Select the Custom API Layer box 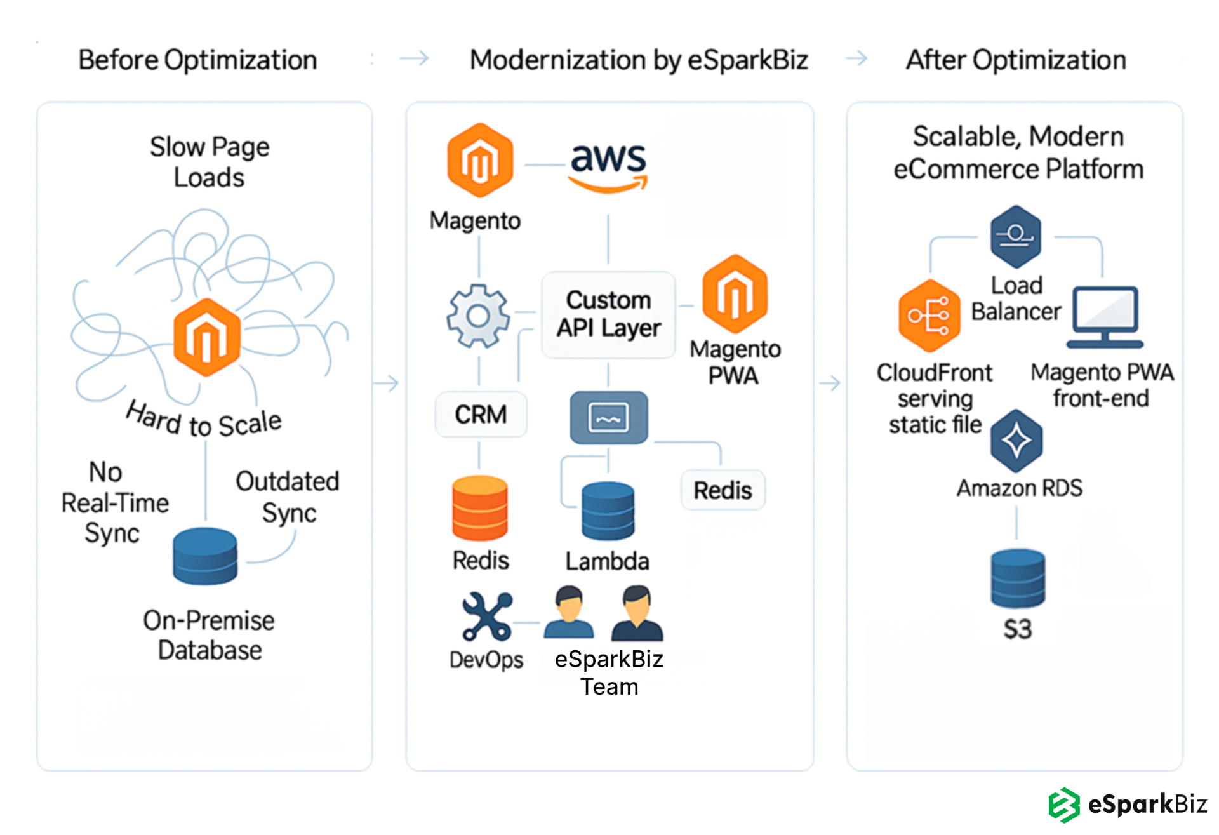(608, 314)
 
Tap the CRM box (481, 415)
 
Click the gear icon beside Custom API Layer (478, 316)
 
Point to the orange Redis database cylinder (480, 508)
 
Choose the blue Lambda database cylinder (608, 511)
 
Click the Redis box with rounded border (723, 490)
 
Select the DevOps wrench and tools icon (487, 616)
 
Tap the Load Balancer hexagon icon (1015, 236)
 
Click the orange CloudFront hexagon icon (929, 316)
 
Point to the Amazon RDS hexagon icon (1016, 441)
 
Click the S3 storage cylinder (1018, 578)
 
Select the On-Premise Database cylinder (205, 556)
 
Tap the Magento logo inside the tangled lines (206, 337)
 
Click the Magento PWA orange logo (735, 294)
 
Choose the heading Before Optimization (197, 60)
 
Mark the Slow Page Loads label (210, 162)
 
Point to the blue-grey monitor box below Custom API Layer (608, 417)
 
